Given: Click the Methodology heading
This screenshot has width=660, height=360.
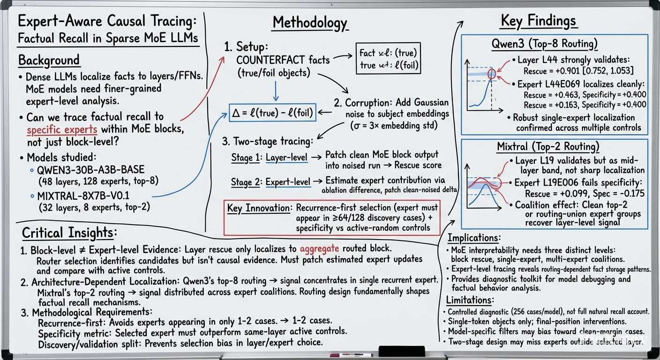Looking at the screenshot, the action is click(x=310, y=23).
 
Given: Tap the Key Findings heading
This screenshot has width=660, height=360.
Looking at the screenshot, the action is click(x=538, y=21).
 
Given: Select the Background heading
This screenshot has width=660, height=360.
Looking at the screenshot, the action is click(x=49, y=60).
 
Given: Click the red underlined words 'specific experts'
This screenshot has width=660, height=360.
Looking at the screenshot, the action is click(x=62, y=130).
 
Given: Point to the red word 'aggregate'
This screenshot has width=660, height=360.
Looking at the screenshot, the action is click(x=319, y=249).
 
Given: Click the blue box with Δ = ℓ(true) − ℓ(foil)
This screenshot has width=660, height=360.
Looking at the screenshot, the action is click(x=272, y=112).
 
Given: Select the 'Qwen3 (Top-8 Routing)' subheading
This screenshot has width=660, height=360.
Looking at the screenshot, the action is click(x=545, y=44).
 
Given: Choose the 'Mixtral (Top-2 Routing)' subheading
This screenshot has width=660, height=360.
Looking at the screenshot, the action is click(x=548, y=146).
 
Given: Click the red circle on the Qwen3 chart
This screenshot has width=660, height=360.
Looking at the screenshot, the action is click(x=491, y=74).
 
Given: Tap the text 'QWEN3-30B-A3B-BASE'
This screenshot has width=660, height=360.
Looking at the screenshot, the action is click(x=91, y=170).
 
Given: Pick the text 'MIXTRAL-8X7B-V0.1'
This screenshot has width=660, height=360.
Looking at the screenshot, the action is click(x=83, y=196).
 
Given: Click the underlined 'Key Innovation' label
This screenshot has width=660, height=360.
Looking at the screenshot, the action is click(x=258, y=208).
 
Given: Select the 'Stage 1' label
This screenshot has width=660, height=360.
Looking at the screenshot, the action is click(x=245, y=157).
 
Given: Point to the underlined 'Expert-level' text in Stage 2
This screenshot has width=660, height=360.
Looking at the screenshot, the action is click(x=288, y=182).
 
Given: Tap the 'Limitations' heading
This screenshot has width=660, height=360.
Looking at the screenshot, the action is click(x=470, y=300).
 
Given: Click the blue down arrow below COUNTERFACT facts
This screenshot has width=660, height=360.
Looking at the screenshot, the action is click(x=276, y=91).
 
